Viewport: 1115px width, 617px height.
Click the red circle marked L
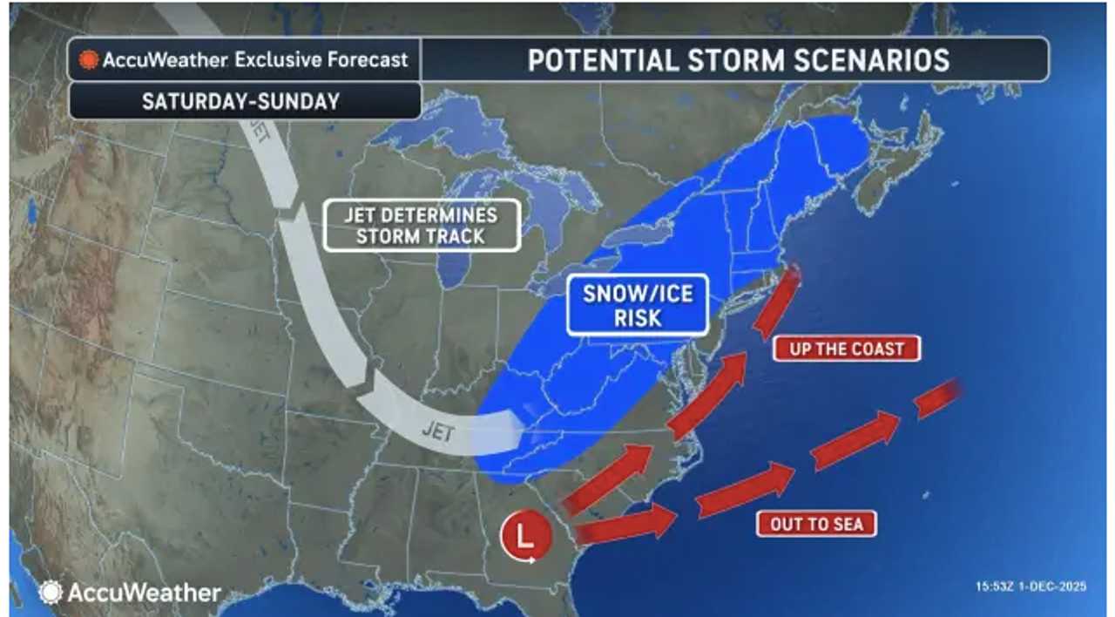click(x=525, y=534)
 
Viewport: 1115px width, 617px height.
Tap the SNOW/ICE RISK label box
click(x=637, y=305)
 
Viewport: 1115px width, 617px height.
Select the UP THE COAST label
click(x=846, y=349)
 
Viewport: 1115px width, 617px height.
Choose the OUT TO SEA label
click(x=816, y=524)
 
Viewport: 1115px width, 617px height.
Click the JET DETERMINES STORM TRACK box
click(x=422, y=226)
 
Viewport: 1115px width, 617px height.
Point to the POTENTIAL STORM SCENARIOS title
click(x=738, y=59)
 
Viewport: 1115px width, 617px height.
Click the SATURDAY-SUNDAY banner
click(x=240, y=100)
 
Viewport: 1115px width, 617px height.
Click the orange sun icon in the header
click(x=89, y=60)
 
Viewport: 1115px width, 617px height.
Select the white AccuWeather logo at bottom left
click(x=129, y=593)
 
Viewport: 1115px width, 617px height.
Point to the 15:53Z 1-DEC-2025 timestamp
click(x=1031, y=587)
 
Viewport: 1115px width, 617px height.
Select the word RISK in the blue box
click(x=637, y=318)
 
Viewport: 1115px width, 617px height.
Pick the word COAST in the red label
click(x=877, y=349)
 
